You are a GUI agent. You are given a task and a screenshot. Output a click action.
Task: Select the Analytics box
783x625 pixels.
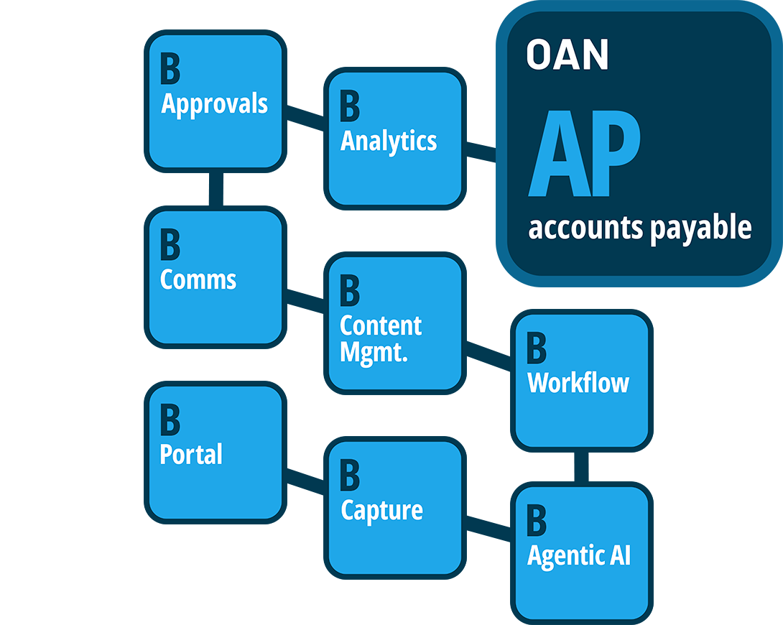(394, 138)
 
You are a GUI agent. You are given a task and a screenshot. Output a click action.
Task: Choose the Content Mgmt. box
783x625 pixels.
(394, 323)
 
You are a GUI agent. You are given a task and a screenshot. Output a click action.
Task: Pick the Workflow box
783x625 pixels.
(581, 380)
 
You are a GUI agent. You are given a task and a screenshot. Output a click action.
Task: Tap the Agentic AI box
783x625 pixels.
(581, 553)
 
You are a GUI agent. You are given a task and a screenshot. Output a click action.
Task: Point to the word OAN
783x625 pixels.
(567, 55)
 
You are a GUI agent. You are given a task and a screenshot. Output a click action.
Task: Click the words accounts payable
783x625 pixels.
(639, 228)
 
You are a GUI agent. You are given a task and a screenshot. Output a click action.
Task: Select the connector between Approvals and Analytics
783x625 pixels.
(305, 118)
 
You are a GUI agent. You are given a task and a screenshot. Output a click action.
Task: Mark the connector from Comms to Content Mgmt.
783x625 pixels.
(305, 300)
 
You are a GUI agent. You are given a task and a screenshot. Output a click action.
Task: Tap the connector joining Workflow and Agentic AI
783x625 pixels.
(581, 467)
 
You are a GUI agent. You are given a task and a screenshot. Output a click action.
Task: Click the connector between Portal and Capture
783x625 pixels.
(305, 480)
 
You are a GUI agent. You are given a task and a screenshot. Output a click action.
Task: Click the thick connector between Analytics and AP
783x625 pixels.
(479, 161)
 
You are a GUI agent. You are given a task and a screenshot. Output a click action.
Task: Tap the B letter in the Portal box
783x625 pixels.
(170, 420)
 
